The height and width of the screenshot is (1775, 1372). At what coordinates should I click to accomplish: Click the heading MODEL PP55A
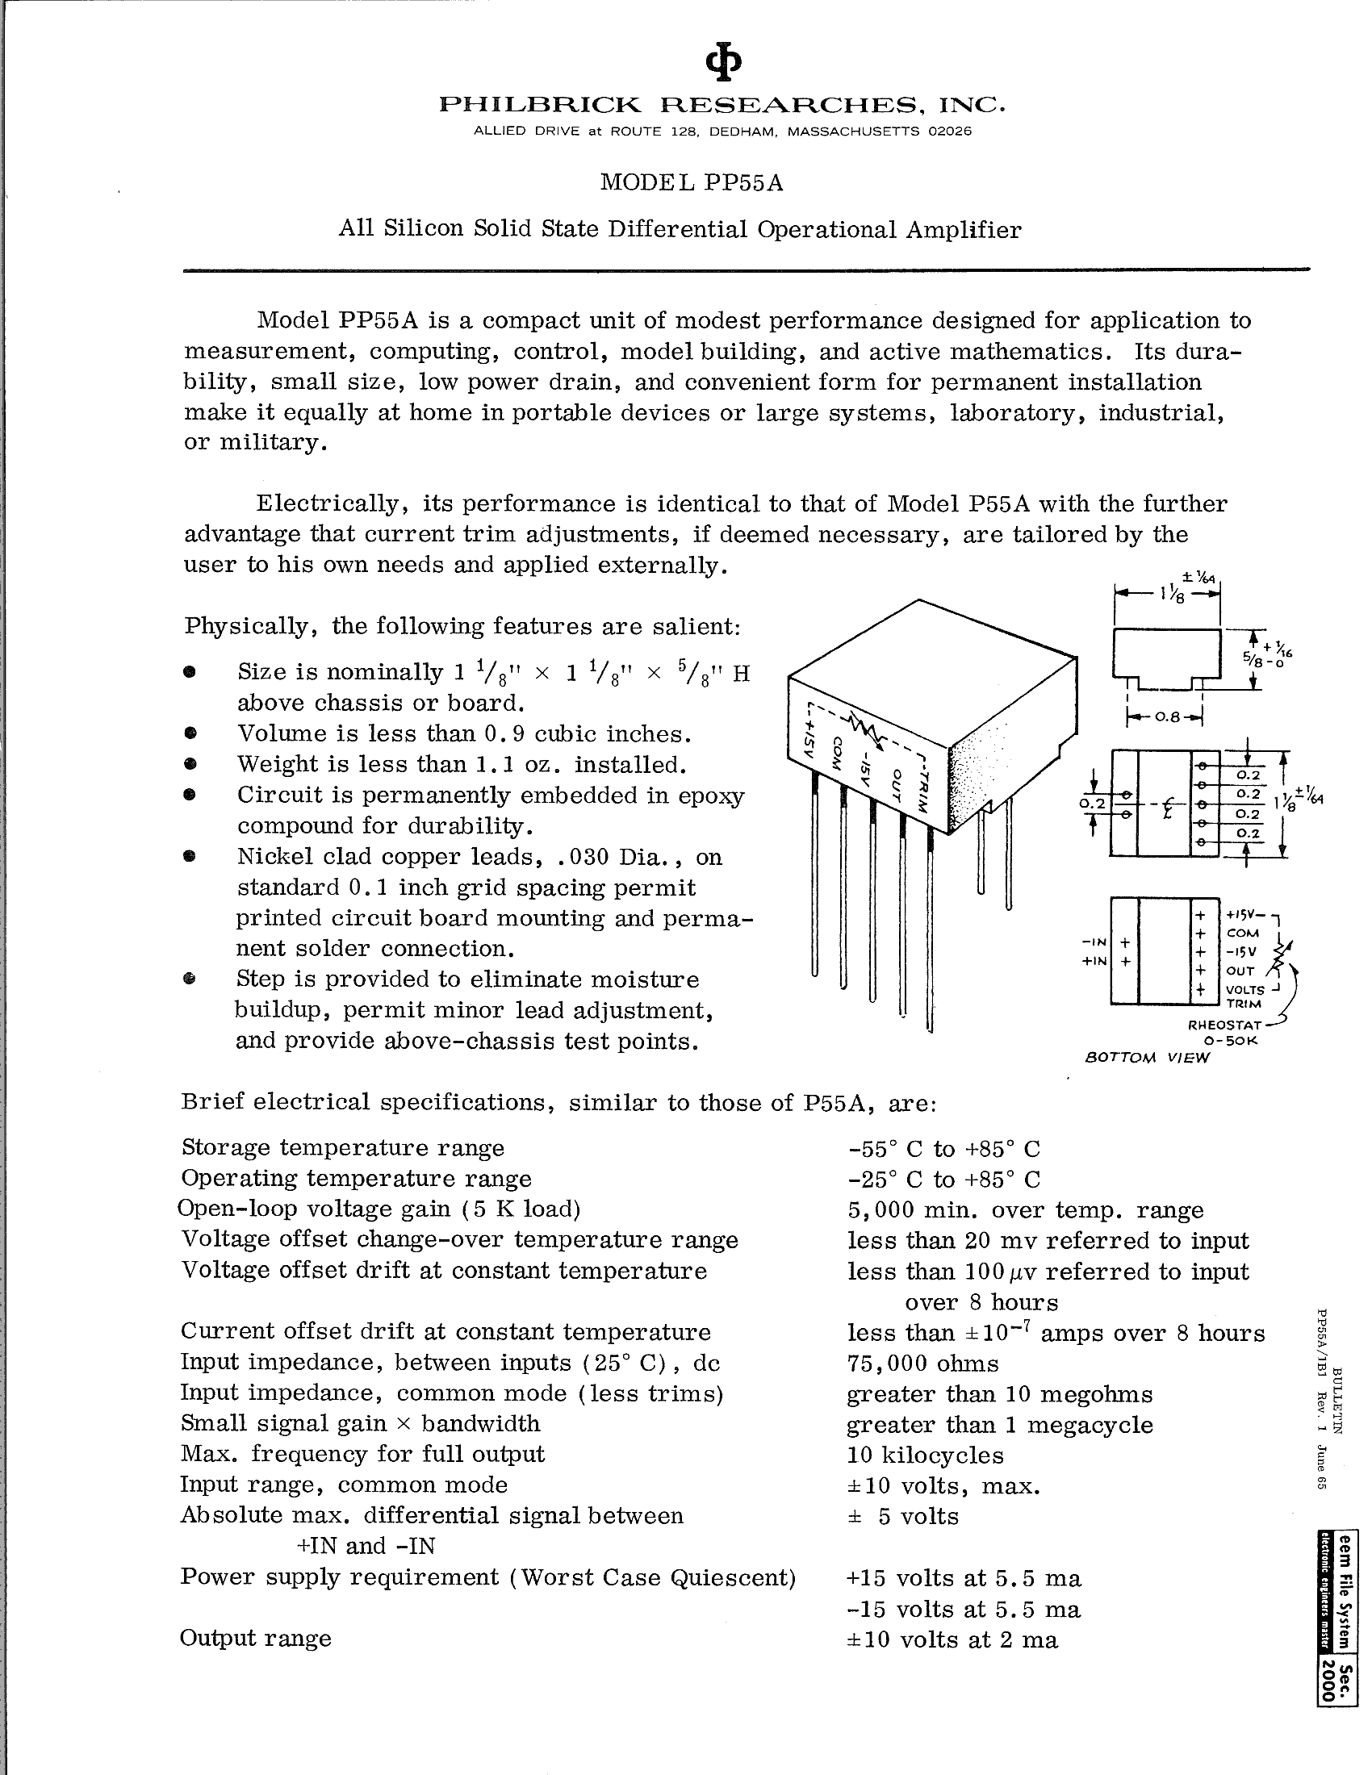[692, 183]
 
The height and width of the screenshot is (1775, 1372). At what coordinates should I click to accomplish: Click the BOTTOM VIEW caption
[1148, 1058]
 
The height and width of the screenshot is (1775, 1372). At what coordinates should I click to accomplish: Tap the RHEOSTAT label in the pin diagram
[1216, 1025]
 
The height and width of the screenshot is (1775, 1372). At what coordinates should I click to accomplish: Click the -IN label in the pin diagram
[1095, 942]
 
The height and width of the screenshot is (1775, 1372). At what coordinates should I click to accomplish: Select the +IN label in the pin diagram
[1095, 961]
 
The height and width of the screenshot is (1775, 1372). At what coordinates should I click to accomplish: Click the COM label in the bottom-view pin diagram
[1243, 933]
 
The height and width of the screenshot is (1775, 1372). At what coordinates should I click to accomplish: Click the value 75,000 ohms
[922, 1363]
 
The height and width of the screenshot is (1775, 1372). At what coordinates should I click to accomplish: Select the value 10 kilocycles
[925, 1455]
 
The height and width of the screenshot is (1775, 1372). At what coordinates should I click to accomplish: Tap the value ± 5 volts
[903, 1516]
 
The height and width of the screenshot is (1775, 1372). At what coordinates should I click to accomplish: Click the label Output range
[255, 1638]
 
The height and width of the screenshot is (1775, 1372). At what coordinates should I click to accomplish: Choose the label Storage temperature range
[342, 1147]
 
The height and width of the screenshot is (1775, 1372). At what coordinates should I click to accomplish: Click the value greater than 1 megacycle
[1000, 1424]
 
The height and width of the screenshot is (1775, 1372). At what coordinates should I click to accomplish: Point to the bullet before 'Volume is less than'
[190, 733]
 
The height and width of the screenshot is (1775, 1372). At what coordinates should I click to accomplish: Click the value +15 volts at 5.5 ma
[964, 1577]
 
